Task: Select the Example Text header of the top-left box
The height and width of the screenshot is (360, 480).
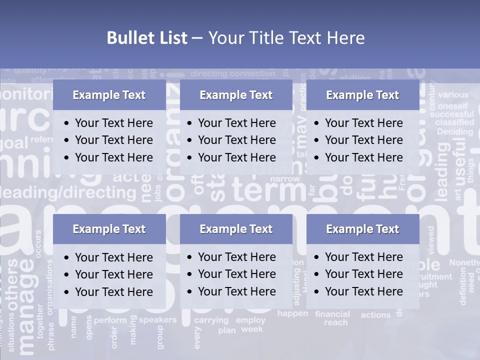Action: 109,95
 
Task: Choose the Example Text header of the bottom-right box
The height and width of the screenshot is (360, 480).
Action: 362,229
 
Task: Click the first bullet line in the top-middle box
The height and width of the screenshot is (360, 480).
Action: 236,123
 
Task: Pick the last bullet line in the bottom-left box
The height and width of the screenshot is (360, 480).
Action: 113,291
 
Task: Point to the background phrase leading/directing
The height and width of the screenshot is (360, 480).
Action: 68,192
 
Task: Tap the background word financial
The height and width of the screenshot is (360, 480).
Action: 332,314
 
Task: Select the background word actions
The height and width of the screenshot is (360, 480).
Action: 375,315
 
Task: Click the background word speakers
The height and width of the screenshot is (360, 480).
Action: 157,320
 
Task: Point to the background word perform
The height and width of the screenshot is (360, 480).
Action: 110,320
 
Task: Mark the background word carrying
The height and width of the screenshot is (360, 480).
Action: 211,320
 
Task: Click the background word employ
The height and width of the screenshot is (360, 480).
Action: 250,320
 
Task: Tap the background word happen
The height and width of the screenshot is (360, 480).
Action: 292,313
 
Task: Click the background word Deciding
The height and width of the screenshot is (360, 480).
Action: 454,132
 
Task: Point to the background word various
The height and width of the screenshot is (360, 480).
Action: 453,94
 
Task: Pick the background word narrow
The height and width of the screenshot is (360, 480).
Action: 285,178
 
